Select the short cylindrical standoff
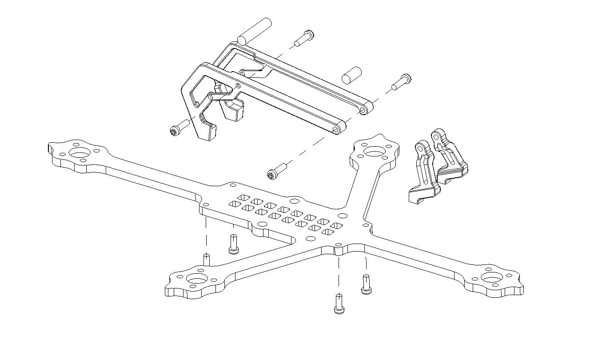click(351, 74)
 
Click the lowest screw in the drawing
click(339, 304)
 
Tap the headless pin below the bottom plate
click(207, 259)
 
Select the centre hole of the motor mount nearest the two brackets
click(374, 152)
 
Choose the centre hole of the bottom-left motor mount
click(195, 280)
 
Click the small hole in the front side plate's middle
click(238, 86)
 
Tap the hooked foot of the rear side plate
click(235, 112)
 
